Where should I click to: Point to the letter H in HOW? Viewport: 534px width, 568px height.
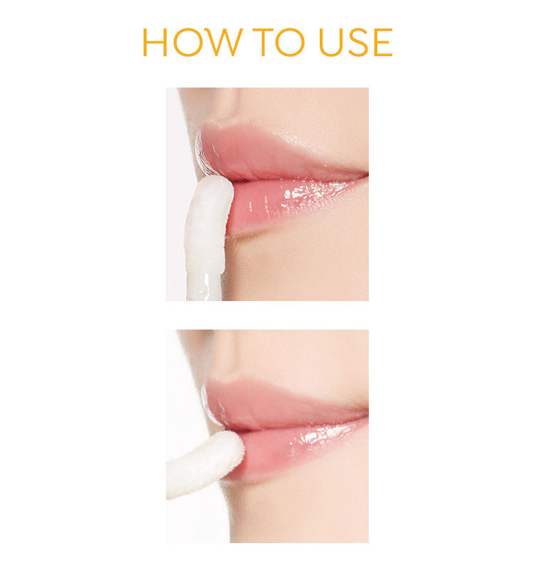tap(155, 43)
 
